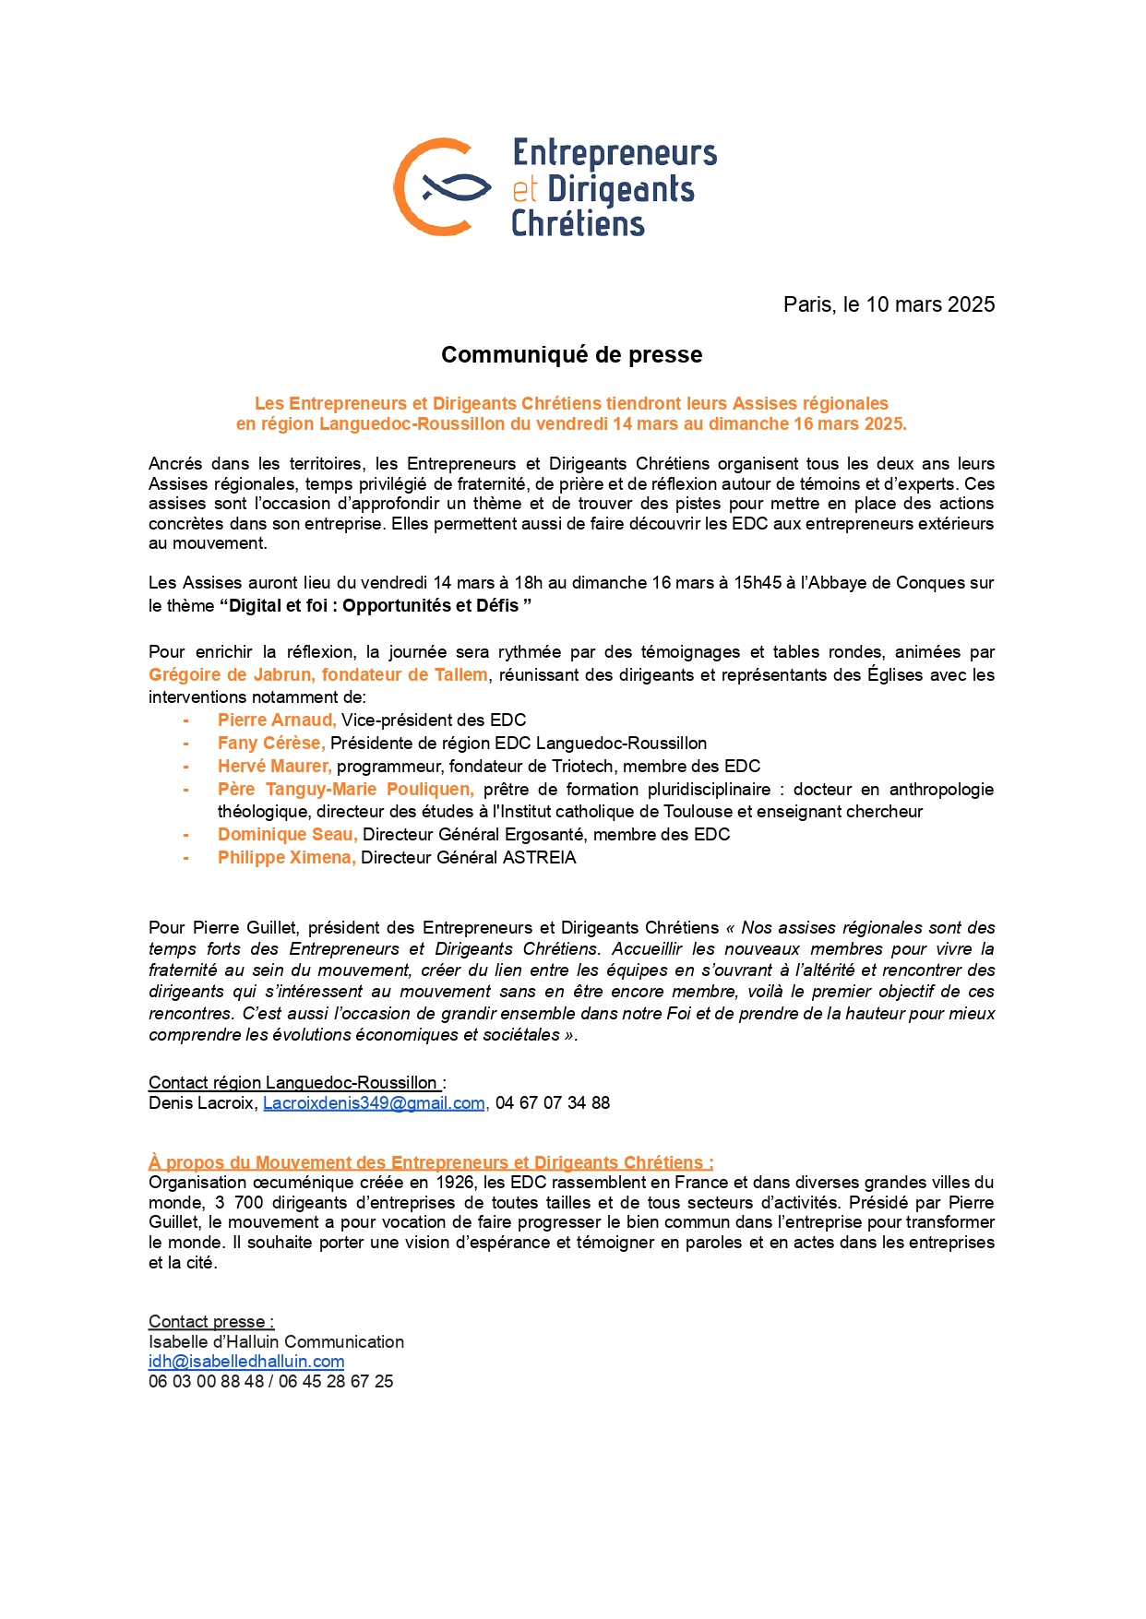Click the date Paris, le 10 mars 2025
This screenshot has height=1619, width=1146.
[889, 304]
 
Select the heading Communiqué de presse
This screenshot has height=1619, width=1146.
[571, 355]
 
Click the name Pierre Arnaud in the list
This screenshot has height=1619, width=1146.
[276, 720]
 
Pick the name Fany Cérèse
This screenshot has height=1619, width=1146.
[270, 743]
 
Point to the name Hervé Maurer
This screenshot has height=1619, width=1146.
[273, 766]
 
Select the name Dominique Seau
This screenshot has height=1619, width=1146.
[286, 834]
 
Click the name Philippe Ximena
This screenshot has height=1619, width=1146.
[285, 857]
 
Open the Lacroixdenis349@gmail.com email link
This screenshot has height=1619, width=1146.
[374, 1102]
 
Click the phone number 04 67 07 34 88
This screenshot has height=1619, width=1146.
[553, 1102]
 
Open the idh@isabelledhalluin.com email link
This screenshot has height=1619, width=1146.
[246, 1361]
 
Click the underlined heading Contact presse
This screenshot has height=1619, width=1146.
[211, 1321]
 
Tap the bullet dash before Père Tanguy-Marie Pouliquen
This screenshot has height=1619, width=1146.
[186, 789]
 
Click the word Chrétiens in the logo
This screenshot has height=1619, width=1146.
[578, 224]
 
